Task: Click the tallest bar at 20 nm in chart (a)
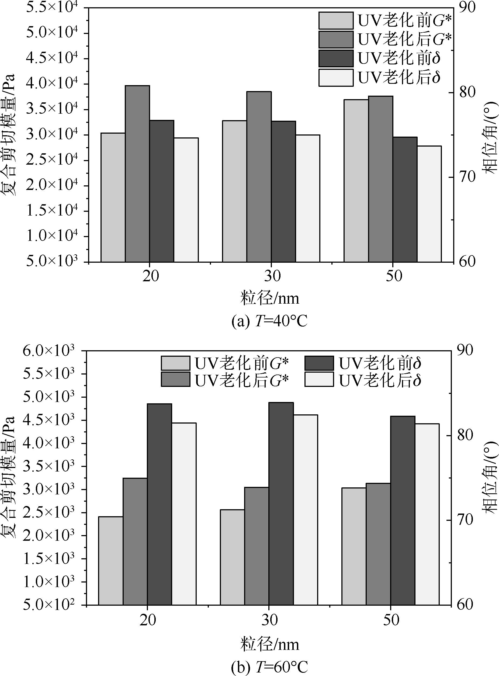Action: click(137, 174)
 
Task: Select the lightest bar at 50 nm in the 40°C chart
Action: click(429, 204)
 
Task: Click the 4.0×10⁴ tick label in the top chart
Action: click(52, 83)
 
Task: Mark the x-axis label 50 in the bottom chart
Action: click(391, 620)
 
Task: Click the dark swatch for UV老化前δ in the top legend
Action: click(336, 58)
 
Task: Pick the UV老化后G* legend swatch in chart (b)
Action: click(175, 379)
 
